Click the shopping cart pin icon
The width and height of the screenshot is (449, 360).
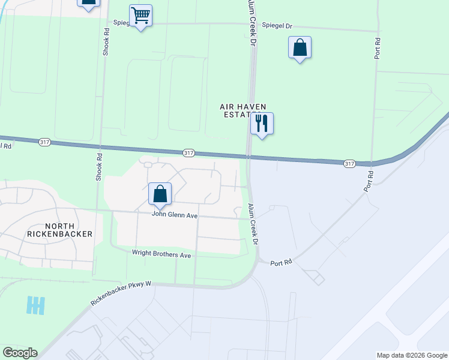(140, 16)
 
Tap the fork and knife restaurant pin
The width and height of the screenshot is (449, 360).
(262, 124)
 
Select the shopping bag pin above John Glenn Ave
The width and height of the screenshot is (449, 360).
(160, 194)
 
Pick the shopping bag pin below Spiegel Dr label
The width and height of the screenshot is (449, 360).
(300, 48)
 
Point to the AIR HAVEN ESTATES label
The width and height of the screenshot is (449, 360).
(243, 111)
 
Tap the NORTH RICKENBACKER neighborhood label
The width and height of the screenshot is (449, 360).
(60, 229)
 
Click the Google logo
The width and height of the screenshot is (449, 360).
(20, 353)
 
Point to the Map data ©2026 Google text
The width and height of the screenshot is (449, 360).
(411, 355)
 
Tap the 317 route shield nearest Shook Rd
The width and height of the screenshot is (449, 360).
(44, 142)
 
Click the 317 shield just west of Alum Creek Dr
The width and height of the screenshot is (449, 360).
(188, 153)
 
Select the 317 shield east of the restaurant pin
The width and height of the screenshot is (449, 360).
(350, 163)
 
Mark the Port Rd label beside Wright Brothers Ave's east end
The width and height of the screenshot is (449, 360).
(280, 263)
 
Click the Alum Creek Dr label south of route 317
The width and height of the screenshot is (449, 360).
(253, 224)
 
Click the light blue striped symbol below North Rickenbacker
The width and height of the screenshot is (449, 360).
(36, 305)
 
